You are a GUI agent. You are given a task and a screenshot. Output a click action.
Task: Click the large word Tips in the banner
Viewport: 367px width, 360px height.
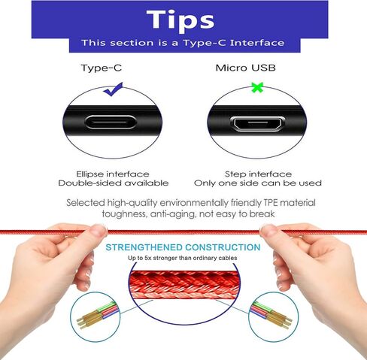click(x=180, y=20)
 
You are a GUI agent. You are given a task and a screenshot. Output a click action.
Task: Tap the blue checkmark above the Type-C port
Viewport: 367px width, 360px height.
click(x=113, y=89)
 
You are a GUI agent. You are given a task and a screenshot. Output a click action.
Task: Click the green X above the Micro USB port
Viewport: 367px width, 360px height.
click(x=257, y=87)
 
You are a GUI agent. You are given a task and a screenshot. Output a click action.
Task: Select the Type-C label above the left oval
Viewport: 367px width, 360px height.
click(x=102, y=68)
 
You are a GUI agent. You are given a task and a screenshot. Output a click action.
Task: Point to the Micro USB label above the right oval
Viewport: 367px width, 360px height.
click(x=246, y=68)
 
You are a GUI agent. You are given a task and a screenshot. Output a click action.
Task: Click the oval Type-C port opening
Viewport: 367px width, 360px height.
click(x=111, y=123)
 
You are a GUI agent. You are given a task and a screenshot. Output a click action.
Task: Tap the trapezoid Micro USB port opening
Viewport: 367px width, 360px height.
click(x=257, y=123)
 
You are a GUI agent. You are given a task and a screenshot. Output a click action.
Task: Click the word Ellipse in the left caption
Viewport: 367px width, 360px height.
click(x=89, y=174)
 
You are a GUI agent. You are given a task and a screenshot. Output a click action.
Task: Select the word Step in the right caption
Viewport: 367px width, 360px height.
click(x=235, y=174)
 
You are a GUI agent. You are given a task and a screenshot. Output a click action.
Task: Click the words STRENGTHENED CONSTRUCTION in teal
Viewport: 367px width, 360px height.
click(x=183, y=247)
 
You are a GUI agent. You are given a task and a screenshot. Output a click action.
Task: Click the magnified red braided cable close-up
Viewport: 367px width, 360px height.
click(x=184, y=285)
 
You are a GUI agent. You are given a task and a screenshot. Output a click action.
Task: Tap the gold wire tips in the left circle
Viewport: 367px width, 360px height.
click(x=88, y=320)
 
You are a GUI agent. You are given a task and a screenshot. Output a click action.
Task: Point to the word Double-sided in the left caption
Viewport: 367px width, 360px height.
click(x=89, y=183)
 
